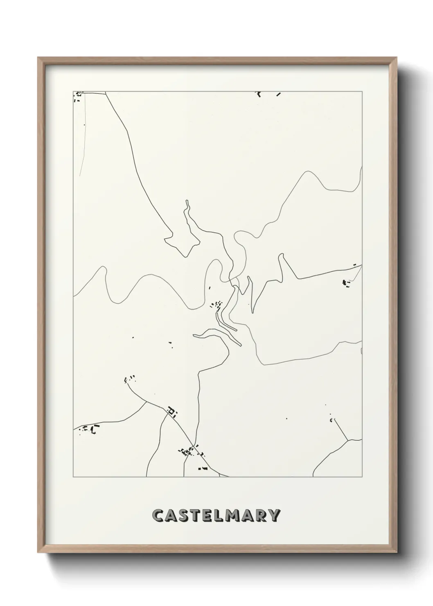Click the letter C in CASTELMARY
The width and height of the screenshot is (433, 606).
tap(158, 516)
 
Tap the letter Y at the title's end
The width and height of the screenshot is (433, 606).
tap(275, 516)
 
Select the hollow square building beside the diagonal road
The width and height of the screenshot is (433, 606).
tap(171, 411)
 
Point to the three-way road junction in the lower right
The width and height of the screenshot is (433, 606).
tap(347, 441)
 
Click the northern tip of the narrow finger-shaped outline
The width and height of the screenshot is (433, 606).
tap(187, 201)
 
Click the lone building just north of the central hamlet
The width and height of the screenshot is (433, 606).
tap(209, 288)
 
